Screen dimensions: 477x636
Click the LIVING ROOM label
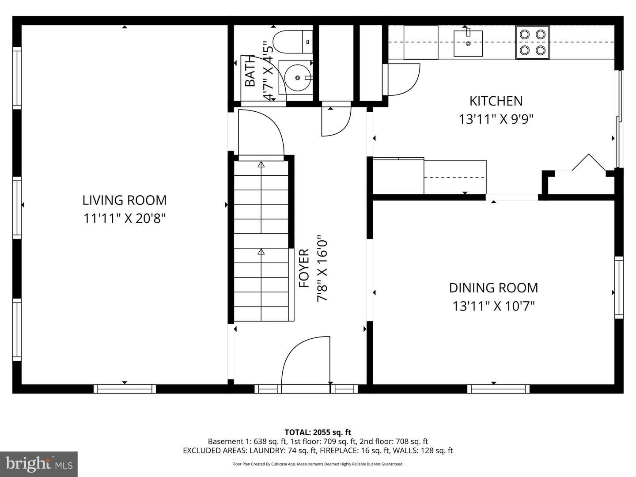pyautogui.click(x=125, y=200)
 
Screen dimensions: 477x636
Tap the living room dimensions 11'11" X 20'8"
pyautogui.click(x=125, y=219)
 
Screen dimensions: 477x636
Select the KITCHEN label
pyautogui.click(x=496, y=101)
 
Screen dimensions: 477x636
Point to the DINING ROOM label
pyautogui.click(x=493, y=288)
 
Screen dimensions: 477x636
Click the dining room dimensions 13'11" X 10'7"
pyautogui.click(x=493, y=306)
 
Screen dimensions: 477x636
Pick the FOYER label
pyautogui.click(x=304, y=268)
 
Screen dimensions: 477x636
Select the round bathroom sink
pyautogui.click(x=296, y=78)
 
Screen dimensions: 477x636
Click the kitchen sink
pyautogui.click(x=468, y=43)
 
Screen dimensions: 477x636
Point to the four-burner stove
pyautogui.click(x=532, y=42)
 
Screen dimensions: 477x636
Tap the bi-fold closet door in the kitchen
pyautogui.click(x=589, y=163)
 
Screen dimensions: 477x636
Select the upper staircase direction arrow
pyautogui.click(x=261, y=165)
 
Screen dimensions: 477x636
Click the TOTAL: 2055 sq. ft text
pyautogui.click(x=318, y=432)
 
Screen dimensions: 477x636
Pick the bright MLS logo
pyautogui.click(x=39, y=464)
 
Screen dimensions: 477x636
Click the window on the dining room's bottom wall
pyautogui.click(x=498, y=389)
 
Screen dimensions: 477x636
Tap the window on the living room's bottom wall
pyautogui.click(x=125, y=389)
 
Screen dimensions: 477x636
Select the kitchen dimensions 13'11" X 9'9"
pyautogui.click(x=496, y=119)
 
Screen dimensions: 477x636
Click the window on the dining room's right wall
pyautogui.click(x=618, y=288)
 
